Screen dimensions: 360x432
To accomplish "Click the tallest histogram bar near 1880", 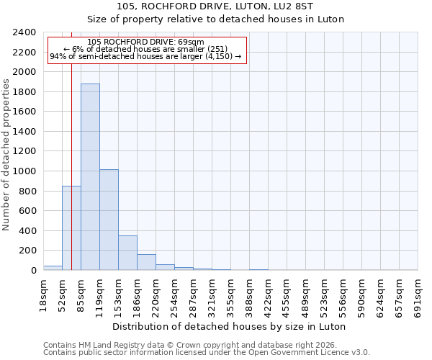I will [90, 177].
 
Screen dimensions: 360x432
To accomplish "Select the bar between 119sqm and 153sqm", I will [109, 220].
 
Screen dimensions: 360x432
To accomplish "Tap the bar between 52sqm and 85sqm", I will [71, 228].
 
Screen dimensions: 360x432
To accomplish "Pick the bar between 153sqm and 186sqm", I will [127, 253].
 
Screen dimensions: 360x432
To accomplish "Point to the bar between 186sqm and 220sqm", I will [146, 262].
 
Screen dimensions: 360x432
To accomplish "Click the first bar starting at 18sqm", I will [53, 268].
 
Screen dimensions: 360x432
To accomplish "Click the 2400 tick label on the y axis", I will [24, 32].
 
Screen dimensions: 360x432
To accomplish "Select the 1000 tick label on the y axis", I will [24, 171].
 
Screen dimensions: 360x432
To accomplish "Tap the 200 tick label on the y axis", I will [27, 251].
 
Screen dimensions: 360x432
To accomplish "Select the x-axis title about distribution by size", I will [230, 326].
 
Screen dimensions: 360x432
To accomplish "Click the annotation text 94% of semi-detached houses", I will [145, 56].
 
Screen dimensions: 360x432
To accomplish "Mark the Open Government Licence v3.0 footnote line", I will [207, 353].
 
